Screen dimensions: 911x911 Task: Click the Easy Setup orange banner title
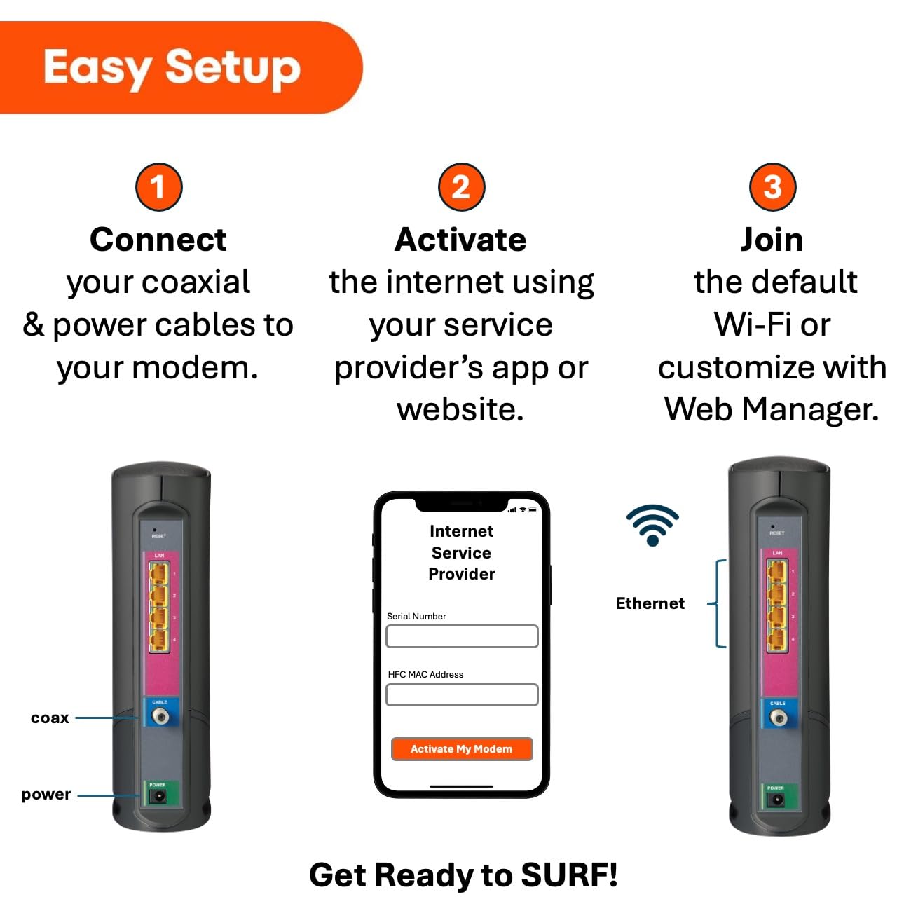tap(172, 68)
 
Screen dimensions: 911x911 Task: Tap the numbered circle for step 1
tap(158, 187)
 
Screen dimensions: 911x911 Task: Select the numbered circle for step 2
tap(460, 187)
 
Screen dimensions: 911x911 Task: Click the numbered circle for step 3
tap(772, 187)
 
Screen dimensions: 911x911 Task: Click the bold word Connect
tap(158, 240)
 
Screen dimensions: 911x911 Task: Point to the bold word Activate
tap(460, 240)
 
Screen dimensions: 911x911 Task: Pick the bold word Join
tap(772, 240)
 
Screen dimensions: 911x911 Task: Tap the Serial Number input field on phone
tap(462, 636)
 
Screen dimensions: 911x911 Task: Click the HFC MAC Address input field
tap(462, 694)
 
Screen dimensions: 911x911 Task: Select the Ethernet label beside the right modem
tap(650, 603)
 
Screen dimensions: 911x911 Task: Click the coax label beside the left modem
tap(50, 718)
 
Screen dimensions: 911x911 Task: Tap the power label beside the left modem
tap(46, 795)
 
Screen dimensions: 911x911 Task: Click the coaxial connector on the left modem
tap(160, 717)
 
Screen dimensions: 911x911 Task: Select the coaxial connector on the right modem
tap(778, 718)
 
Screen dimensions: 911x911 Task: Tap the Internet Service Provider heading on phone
tap(461, 553)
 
